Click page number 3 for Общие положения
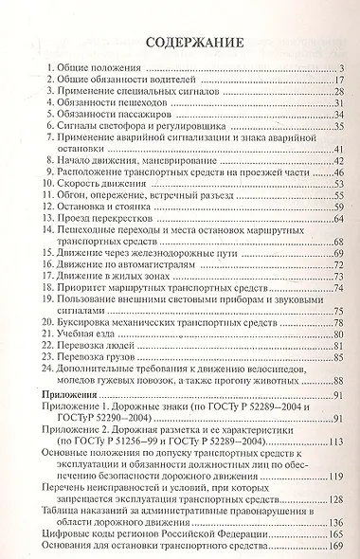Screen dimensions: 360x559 click(x=338, y=69)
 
